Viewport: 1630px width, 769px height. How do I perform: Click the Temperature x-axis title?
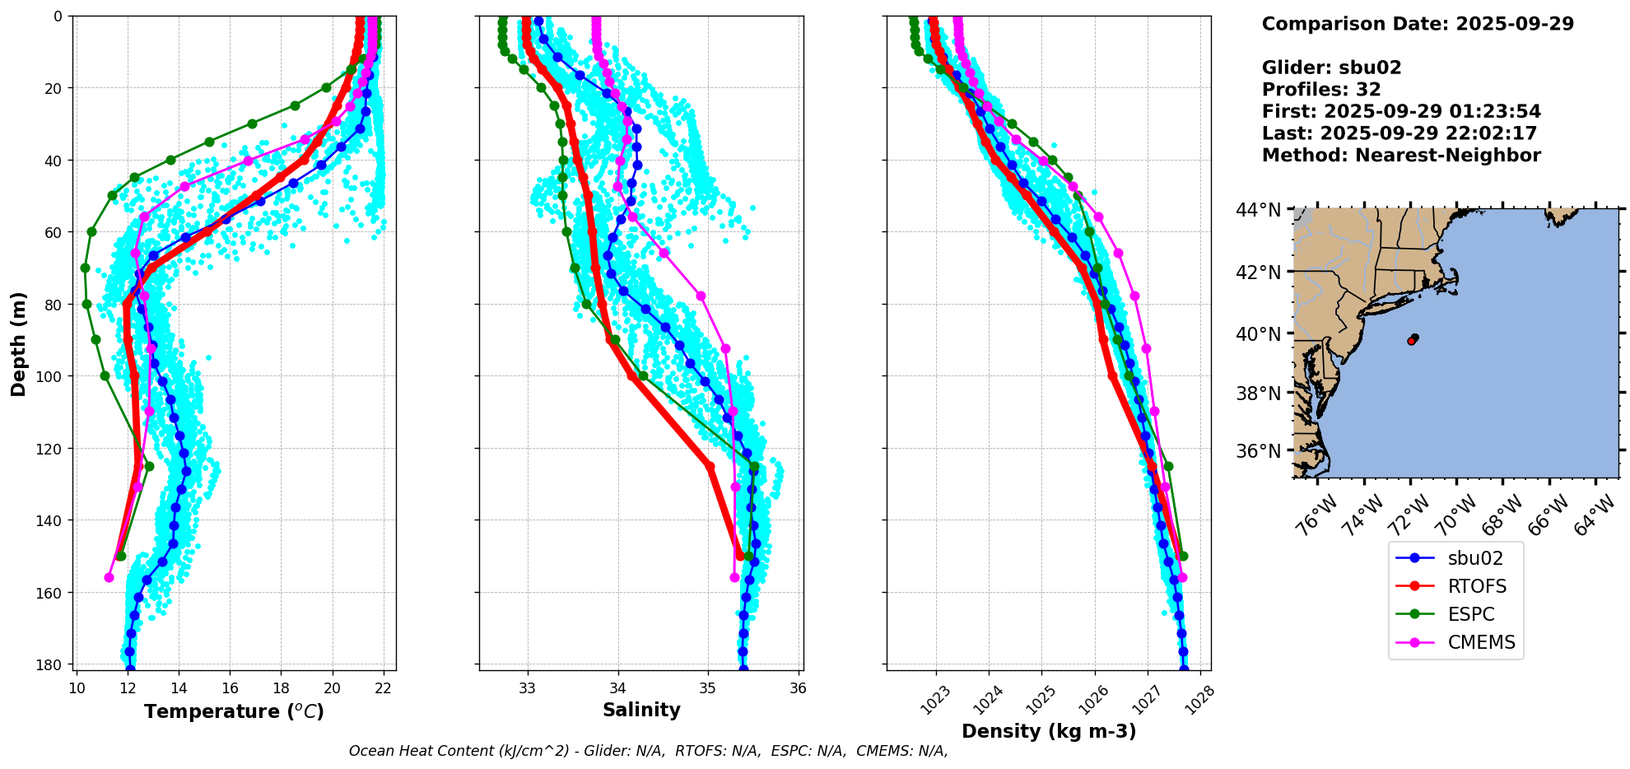234,711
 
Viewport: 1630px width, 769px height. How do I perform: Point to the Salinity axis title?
641,710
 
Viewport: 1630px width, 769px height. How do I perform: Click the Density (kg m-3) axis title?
1049,731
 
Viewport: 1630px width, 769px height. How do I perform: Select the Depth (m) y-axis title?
18,343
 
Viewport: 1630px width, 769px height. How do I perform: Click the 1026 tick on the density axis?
1087,699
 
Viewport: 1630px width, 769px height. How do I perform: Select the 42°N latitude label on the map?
1259,272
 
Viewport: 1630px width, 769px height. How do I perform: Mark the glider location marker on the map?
1413,339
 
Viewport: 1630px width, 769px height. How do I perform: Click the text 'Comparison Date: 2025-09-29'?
1418,24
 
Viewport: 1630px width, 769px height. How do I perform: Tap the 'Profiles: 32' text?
1321,90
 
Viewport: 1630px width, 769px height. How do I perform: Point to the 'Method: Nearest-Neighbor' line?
1401,156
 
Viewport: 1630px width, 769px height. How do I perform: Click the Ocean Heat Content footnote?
648,751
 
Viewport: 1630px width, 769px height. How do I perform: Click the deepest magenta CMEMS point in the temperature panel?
109,577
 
